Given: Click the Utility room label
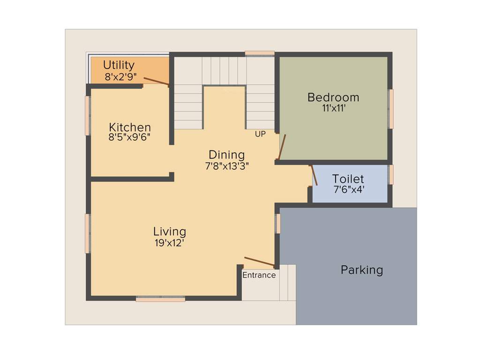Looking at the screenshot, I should pyautogui.click(x=119, y=65).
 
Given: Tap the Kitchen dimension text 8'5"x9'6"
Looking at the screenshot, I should pyautogui.click(x=129, y=137).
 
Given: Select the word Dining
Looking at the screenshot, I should pyautogui.click(x=226, y=155).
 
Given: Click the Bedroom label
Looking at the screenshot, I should pyautogui.click(x=333, y=97).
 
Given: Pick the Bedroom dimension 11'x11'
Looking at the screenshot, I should pyautogui.click(x=333, y=108).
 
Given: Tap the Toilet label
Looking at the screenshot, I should pyautogui.click(x=348, y=179).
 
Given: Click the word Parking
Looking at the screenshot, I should pyautogui.click(x=361, y=270).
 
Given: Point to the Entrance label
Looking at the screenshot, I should pyautogui.click(x=259, y=275).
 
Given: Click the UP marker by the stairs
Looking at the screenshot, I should pyautogui.click(x=260, y=134).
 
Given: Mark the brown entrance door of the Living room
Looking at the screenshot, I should pyautogui.click(x=259, y=262).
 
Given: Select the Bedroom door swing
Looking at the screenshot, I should pyautogui.click(x=282, y=147).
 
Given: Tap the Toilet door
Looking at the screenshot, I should pyautogui.click(x=314, y=175).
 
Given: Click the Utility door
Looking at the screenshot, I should pyautogui.click(x=156, y=82).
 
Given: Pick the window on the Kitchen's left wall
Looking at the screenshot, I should pyautogui.click(x=87, y=115).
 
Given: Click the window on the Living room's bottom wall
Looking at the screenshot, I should pyautogui.click(x=160, y=298).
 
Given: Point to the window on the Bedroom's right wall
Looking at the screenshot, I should pyautogui.click(x=390, y=109).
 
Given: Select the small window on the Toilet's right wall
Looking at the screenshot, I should pyautogui.click(x=391, y=174).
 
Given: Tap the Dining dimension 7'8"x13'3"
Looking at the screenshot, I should pyautogui.click(x=226, y=165).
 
